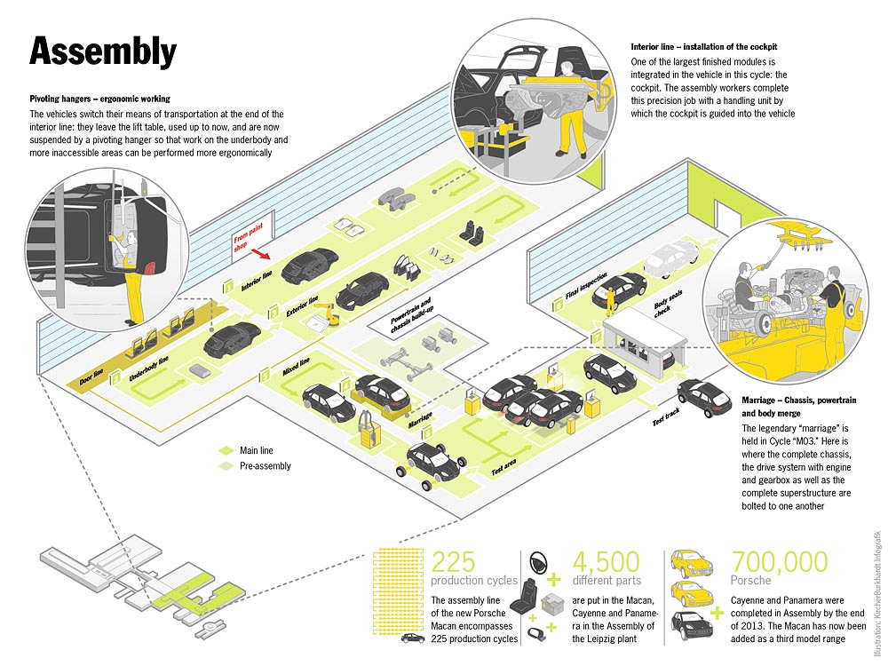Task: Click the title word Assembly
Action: pos(103,52)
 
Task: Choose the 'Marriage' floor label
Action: pos(420,416)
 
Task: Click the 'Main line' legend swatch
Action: pos(225,450)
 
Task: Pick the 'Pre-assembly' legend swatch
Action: pos(225,465)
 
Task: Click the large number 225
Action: pos(454,562)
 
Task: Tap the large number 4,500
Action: pos(606,562)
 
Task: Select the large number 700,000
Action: pos(779,562)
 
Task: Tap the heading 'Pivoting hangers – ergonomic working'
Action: pos(99,98)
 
